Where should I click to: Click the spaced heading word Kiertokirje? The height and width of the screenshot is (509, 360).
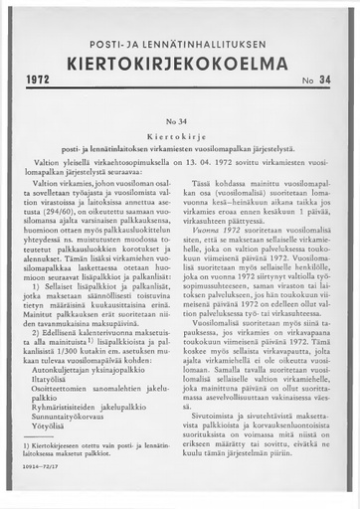tap(179, 132)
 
